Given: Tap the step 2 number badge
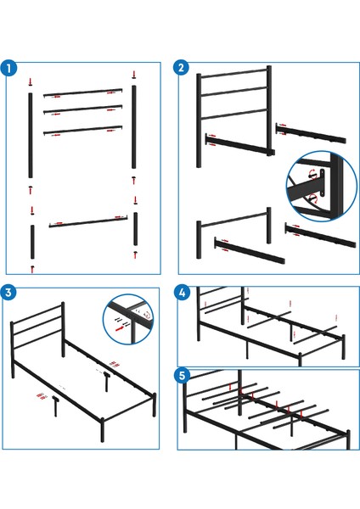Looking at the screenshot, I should point(182,70).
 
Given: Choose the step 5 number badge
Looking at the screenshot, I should point(182,374).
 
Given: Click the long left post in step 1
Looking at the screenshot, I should point(31,137).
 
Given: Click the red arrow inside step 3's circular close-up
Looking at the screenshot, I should point(117,320).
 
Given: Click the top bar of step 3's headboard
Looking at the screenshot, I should point(39,313).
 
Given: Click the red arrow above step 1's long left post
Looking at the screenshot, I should point(31,81).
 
